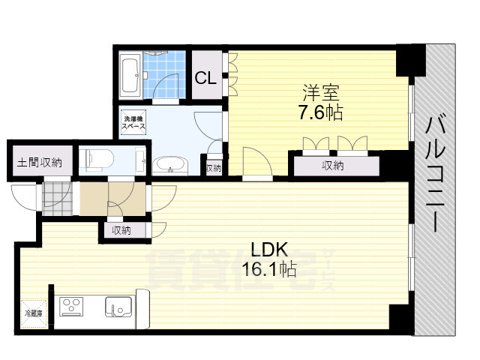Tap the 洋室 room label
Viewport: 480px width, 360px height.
(321, 94)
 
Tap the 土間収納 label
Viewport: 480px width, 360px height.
(40, 163)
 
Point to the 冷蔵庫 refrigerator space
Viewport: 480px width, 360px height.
(34, 313)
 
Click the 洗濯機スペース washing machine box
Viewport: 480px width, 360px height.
(136, 123)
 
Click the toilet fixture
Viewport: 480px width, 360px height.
(98, 159)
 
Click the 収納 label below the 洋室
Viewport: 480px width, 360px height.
(333, 166)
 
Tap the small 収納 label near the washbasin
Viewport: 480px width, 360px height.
(214, 167)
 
